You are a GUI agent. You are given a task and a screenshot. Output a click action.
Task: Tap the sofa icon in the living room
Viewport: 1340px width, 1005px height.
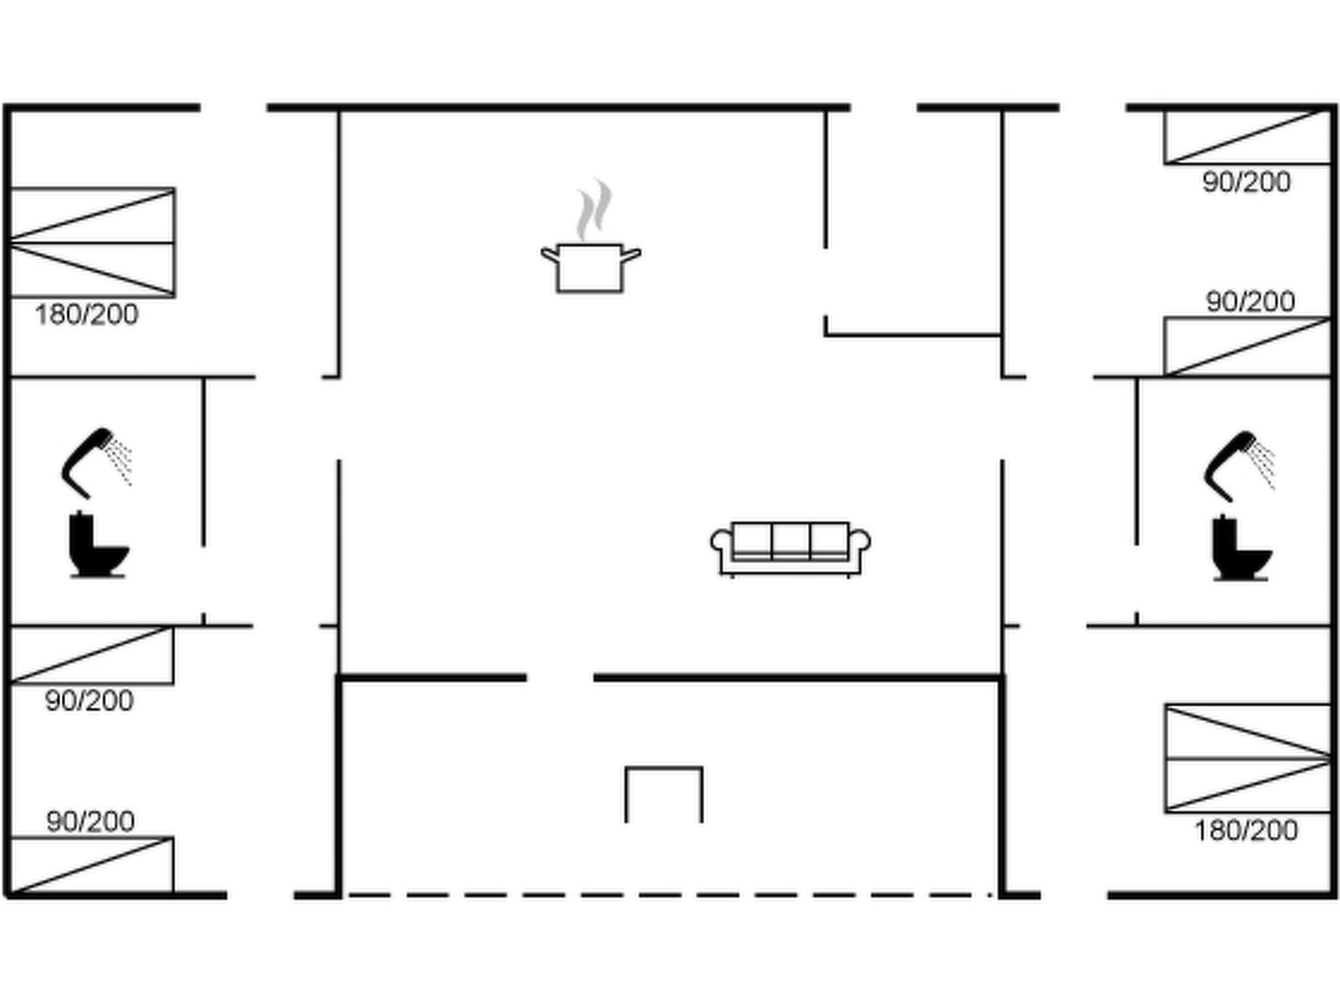click(790, 550)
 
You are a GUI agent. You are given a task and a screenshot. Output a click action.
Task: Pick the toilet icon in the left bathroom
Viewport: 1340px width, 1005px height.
click(98, 544)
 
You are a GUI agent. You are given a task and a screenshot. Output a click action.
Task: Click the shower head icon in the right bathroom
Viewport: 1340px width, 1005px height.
click(1239, 467)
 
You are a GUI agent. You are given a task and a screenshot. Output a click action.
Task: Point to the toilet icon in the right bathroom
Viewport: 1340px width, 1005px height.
click(1242, 548)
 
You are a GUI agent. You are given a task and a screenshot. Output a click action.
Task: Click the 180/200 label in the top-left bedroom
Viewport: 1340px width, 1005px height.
click(86, 315)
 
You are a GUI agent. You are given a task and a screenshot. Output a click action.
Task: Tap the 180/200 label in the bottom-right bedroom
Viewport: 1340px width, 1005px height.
click(1246, 830)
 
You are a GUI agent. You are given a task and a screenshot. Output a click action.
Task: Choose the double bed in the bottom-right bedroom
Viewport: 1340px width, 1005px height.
click(1248, 759)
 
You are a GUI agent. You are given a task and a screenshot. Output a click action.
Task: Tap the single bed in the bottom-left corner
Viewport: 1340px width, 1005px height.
click(92, 865)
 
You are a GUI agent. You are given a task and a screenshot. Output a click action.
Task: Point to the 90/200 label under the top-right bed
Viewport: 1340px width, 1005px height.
click(1246, 182)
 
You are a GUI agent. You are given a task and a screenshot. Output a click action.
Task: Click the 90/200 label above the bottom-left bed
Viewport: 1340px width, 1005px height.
click(90, 821)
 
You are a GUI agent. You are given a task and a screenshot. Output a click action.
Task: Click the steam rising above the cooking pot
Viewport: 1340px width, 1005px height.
click(594, 209)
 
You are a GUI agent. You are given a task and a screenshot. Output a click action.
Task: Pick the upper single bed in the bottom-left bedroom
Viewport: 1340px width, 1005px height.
click(92, 656)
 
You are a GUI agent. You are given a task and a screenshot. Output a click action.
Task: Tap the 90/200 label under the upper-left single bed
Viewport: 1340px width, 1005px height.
click(89, 701)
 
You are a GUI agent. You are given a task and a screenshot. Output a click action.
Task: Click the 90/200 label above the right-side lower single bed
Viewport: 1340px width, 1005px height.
click(1250, 302)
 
